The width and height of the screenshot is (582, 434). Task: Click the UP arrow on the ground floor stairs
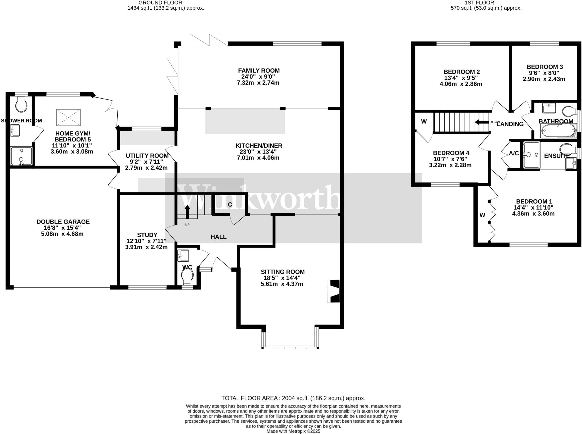pyautogui.click(x=187, y=212)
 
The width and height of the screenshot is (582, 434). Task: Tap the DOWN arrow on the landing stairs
pyautogui.click(x=481, y=122)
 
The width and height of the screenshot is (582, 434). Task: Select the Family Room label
pyautogui.click(x=259, y=70)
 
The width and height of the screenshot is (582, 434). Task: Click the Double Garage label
pyautogui.click(x=63, y=222)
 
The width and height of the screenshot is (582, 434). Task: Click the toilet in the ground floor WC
pyautogui.click(x=187, y=276)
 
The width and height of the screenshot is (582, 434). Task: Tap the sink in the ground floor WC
pyautogui.click(x=183, y=255)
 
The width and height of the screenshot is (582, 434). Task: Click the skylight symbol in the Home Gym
pyautogui.click(x=68, y=117)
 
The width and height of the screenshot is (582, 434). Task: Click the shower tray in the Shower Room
pyautogui.click(x=21, y=156)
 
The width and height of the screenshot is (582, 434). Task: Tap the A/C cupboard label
pyautogui.click(x=514, y=153)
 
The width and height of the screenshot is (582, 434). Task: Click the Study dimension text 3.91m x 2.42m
pyautogui.click(x=146, y=247)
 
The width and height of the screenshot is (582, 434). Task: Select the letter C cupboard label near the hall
pyautogui.click(x=230, y=205)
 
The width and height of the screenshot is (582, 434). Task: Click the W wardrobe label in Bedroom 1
pyautogui.click(x=482, y=215)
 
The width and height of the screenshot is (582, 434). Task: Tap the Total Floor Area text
pyautogui.click(x=293, y=398)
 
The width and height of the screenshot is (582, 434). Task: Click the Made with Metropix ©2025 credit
pyautogui.click(x=293, y=431)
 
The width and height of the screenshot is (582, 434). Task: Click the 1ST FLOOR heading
pyautogui.click(x=486, y=2)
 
